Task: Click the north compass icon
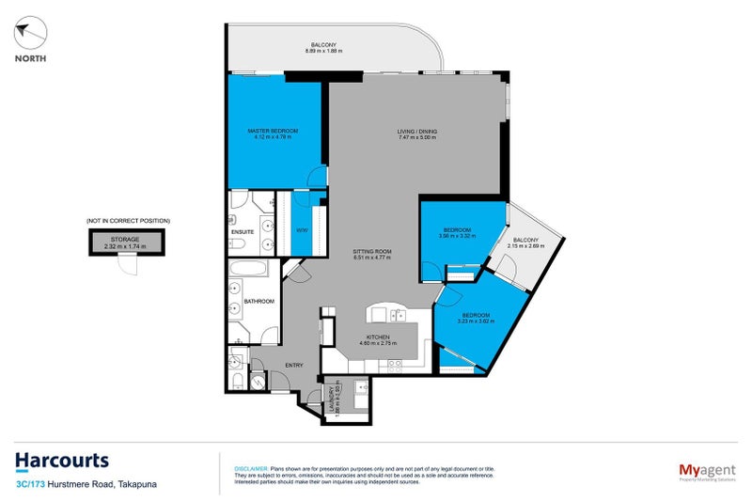pos(29,35)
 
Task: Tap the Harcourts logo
pos(61,461)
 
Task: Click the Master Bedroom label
pos(273,130)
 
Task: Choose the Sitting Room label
pos(371,252)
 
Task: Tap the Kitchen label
pos(377,336)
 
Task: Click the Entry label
pos(294,364)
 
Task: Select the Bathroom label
pos(258,301)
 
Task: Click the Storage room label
pos(125,239)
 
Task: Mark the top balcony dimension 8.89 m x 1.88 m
pos(323,51)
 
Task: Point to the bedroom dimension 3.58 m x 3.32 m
pos(457,235)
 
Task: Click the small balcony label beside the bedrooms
pos(525,240)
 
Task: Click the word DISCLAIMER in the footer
pos(250,467)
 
